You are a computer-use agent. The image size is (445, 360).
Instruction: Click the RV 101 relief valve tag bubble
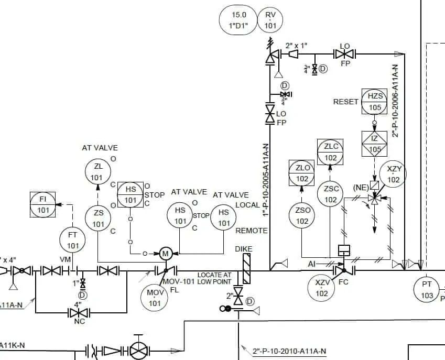tap(270, 20)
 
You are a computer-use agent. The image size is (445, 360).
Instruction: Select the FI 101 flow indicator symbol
tap(43, 205)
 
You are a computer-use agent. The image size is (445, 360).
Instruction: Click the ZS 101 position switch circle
tap(99, 219)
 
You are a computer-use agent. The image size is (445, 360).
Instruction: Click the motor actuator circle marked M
tap(165, 254)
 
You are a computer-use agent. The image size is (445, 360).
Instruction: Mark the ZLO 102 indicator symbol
tap(302, 173)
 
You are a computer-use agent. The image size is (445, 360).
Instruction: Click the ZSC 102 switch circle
tap(331, 194)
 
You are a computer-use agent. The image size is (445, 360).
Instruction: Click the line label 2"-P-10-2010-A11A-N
tap(289, 351)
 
